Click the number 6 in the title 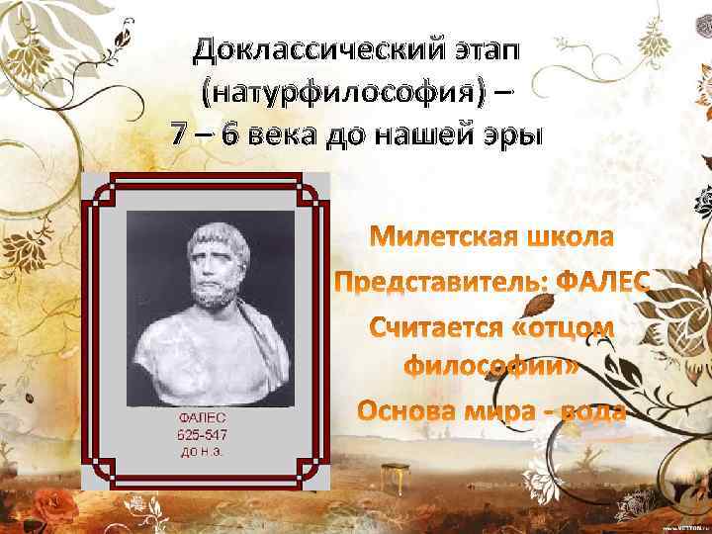pyautogui.click(x=228, y=135)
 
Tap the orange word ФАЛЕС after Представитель pyautogui.click(x=604, y=283)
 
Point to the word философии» pyautogui.click(x=491, y=367)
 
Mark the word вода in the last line pyautogui.click(x=591, y=410)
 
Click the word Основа pyautogui.click(x=405, y=410)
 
